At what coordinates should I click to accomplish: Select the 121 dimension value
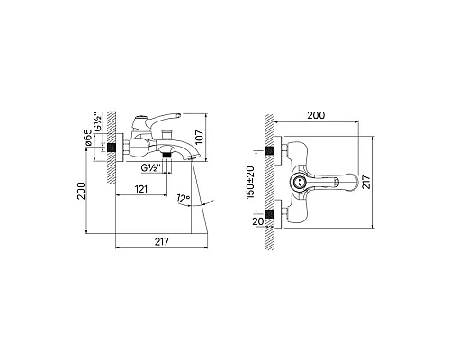point(141,189)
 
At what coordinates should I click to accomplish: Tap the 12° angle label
point(184,198)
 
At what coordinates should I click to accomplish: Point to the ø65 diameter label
point(88,138)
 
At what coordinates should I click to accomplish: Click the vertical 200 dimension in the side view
point(81,191)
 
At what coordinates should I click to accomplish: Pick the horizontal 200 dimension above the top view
point(316,115)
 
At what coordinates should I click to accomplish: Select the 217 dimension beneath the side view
point(162,241)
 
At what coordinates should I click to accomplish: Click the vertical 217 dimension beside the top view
point(366,182)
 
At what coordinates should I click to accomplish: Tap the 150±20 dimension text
point(250,182)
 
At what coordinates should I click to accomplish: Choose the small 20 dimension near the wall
point(258,221)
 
